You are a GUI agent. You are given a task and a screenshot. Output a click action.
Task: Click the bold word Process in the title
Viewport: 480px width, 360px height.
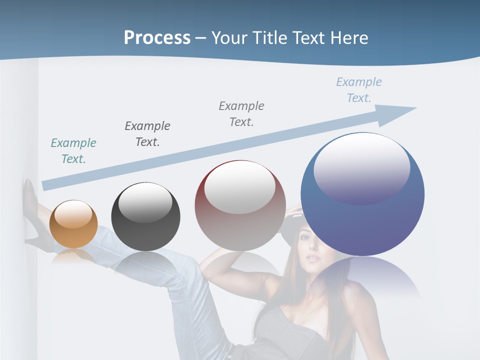[x=157, y=37]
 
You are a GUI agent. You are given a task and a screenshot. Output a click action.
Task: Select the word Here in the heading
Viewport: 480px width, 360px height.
[x=348, y=37]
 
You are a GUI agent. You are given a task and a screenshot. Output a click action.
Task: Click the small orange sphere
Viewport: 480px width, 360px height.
[x=73, y=224]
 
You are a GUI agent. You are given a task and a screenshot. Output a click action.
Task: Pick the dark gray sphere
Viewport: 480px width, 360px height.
[x=145, y=217]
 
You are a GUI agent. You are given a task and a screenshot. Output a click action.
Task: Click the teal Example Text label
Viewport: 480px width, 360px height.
[x=73, y=151]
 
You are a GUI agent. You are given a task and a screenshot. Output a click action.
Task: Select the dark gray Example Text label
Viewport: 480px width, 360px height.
[x=147, y=133]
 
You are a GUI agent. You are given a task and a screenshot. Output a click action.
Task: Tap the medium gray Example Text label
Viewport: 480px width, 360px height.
[x=241, y=113]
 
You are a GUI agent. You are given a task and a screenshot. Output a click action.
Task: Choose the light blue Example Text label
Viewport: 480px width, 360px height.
[x=359, y=89]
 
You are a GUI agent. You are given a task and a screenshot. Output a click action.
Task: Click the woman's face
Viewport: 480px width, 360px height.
[x=311, y=250]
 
